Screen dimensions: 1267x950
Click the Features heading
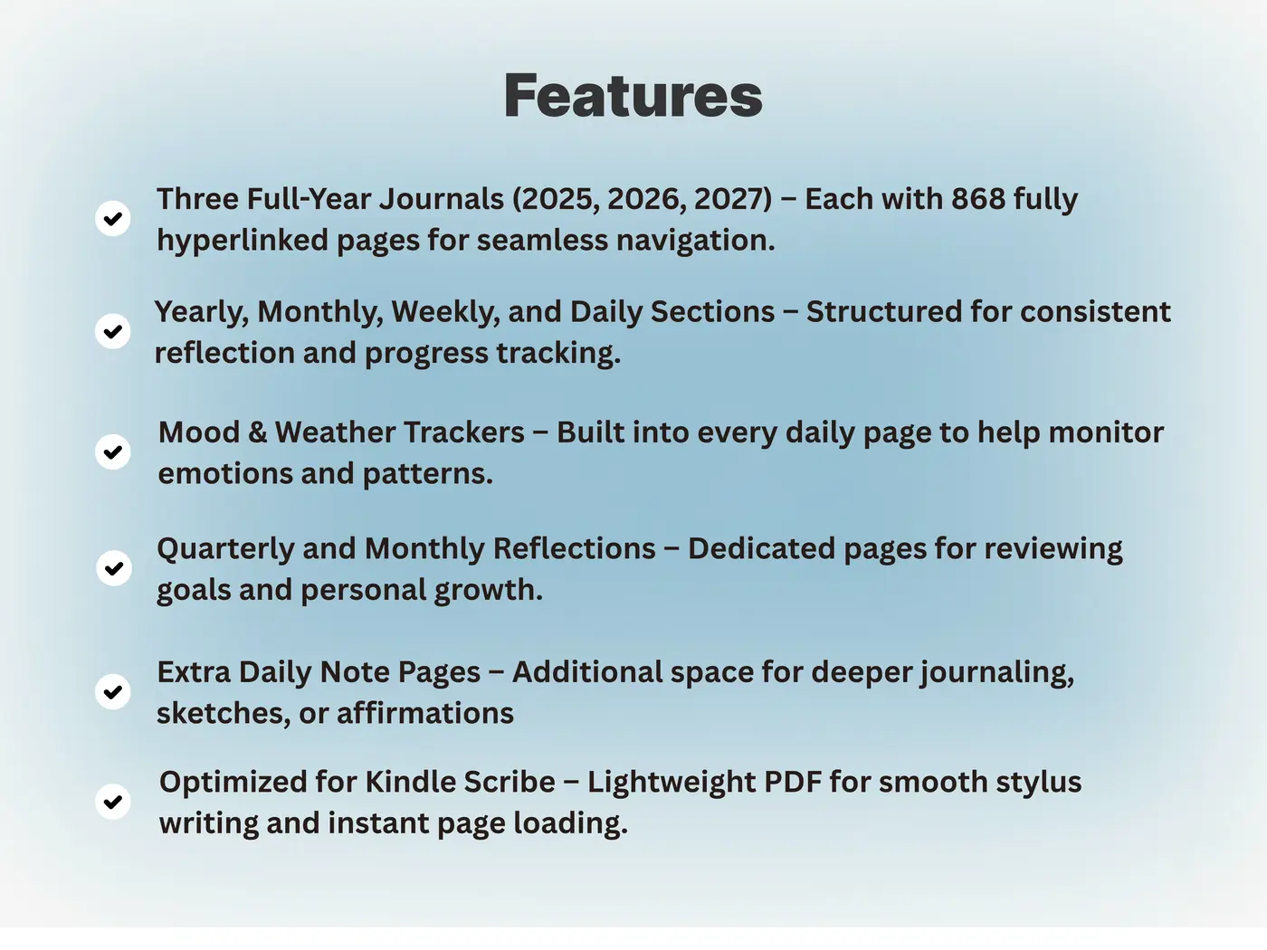point(633,95)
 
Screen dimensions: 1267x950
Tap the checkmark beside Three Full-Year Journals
point(112,219)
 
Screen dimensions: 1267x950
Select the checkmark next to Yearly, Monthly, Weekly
point(112,331)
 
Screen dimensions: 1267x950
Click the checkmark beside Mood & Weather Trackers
point(112,451)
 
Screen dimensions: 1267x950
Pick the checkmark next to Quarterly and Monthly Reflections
point(114,568)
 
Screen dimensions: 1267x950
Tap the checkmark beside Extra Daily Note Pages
point(112,691)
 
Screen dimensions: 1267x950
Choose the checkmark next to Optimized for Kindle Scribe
point(112,802)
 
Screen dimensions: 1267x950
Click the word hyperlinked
point(243,241)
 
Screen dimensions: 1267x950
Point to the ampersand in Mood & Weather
point(257,432)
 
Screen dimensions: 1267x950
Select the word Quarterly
point(225,549)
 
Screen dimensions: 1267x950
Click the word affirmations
point(424,714)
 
